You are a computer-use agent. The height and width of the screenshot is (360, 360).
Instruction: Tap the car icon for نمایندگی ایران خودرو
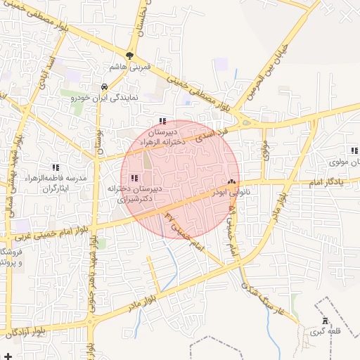[104, 87]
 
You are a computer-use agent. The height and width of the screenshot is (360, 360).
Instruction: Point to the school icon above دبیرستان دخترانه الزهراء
[163, 121]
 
